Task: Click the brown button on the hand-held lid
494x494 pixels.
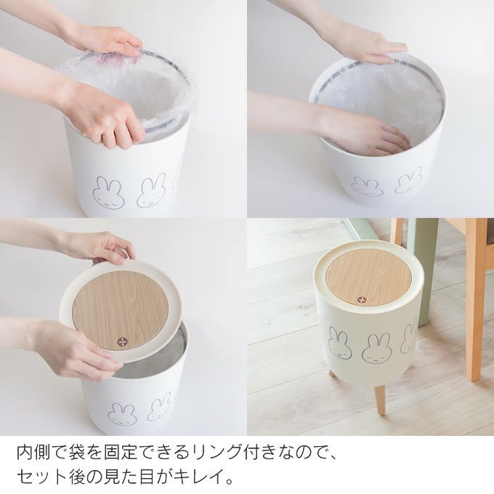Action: pyautogui.click(x=121, y=340)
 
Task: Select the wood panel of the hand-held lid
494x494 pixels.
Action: pyautogui.click(x=120, y=305)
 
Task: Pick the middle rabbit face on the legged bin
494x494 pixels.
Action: pyautogui.click(x=376, y=348)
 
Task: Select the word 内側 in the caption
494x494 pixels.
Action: pyautogui.click(x=35, y=455)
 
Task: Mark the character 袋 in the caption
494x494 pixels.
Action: pyautogui.click(x=84, y=455)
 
